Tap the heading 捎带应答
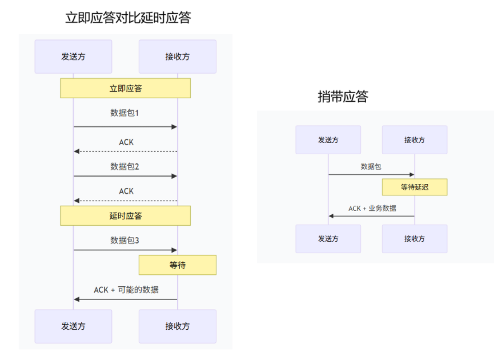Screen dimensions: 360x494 (x=343, y=97)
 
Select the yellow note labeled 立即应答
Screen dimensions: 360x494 (x=125, y=88)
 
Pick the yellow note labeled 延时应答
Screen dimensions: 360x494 (x=125, y=215)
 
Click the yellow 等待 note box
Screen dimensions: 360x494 (x=177, y=265)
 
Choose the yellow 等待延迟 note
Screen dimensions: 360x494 (x=415, y=187)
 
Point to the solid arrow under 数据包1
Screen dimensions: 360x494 (x=125, y=126)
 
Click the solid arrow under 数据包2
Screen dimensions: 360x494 (x=125, y=176)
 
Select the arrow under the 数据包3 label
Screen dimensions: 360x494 (x=125, y=250)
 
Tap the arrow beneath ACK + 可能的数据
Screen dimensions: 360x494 (x=125, y=299)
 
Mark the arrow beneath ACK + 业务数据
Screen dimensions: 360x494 (x=371, y=216)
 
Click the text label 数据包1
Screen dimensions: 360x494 (x=124, y=113)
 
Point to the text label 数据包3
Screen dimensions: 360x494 (x=124, y=240)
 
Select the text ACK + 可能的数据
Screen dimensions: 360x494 (x=126, y=290)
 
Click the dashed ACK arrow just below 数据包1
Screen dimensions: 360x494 (x=125, y=151)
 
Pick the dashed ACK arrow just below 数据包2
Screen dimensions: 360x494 (x=125, y=201)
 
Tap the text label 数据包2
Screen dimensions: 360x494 (x=124, y=167)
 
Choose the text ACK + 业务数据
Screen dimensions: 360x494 (x=372, y=209)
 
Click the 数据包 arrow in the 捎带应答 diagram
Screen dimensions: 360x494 (x=371, y=174)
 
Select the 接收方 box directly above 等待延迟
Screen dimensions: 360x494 (x=415, y=140)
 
